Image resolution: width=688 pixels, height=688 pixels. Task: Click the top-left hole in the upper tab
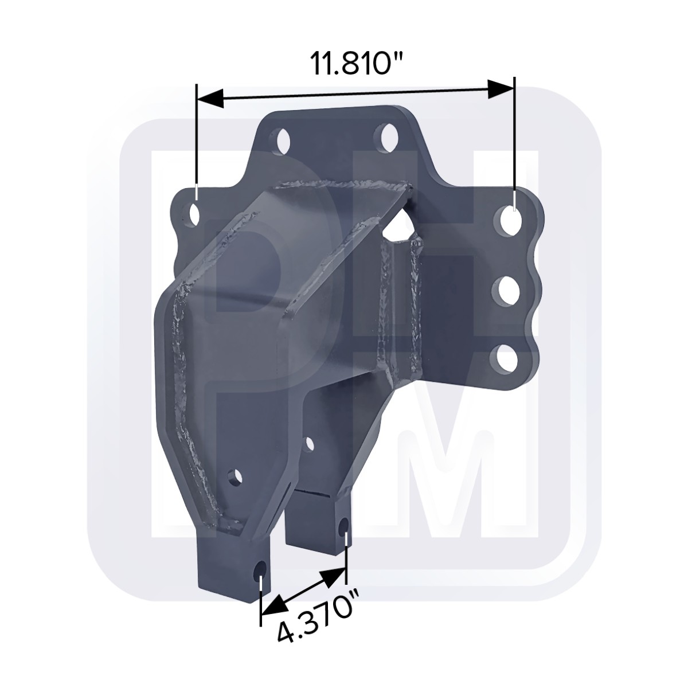point(284,142)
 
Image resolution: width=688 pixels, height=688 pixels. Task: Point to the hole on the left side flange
point(194,214)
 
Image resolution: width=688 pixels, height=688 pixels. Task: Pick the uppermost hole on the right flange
point(511,222)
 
